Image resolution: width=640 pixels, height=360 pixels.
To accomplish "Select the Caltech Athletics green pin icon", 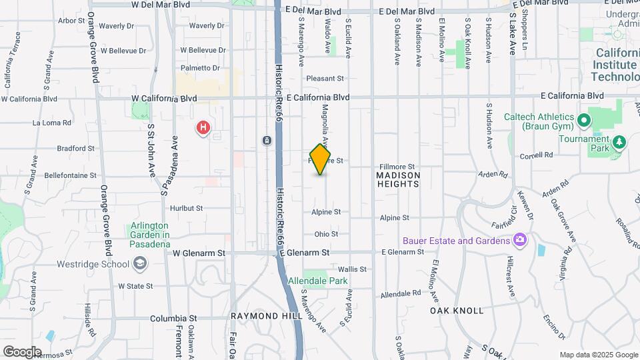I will [x=585, y=121].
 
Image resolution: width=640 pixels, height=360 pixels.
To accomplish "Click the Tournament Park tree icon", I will [x=620, y=141].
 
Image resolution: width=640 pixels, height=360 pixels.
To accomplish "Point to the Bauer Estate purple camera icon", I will [x=520, y=240].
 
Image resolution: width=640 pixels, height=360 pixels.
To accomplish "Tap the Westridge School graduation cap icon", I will [x=140, y=265].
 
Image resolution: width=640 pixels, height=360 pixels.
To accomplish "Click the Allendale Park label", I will [x=318, y=281].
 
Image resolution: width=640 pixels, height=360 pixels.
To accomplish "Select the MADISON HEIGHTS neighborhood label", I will [x=399, y=180].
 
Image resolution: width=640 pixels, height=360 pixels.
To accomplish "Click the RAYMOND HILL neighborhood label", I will [x=263, y=315].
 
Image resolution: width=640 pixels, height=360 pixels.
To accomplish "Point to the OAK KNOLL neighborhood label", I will [x=457, y=311].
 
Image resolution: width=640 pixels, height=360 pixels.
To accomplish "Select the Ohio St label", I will [x=327, y=234].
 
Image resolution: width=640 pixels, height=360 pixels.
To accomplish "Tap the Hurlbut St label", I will [x=185, y=208].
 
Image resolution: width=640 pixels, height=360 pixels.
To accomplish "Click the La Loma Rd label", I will [x=52, y=123].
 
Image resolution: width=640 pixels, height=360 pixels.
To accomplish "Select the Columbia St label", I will [x=173, y=319].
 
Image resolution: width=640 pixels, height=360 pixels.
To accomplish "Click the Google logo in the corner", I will [x=21, y=351].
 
